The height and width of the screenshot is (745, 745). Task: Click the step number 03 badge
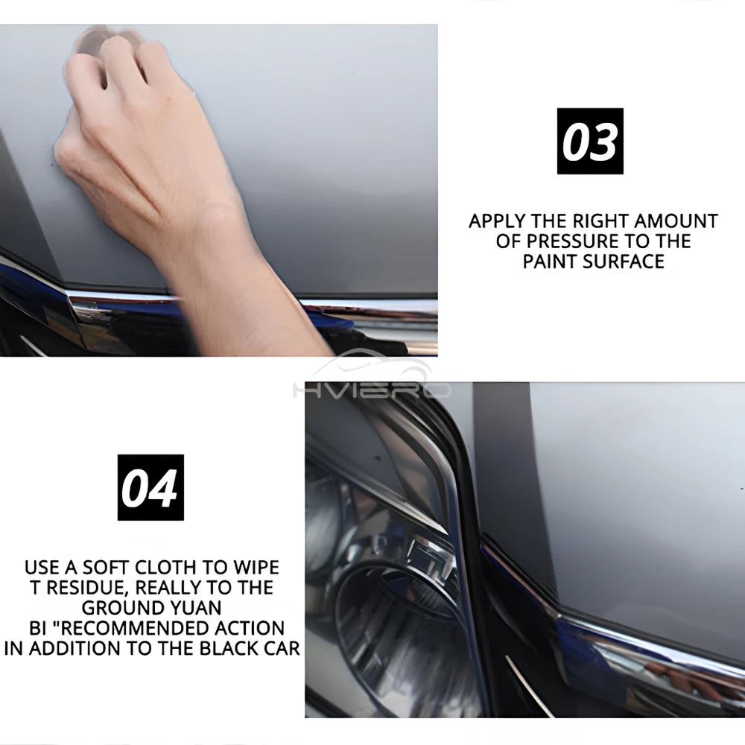pyautogui.click(x=589, y=142)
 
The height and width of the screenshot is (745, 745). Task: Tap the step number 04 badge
pyautogui.click(x=150, y=487)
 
